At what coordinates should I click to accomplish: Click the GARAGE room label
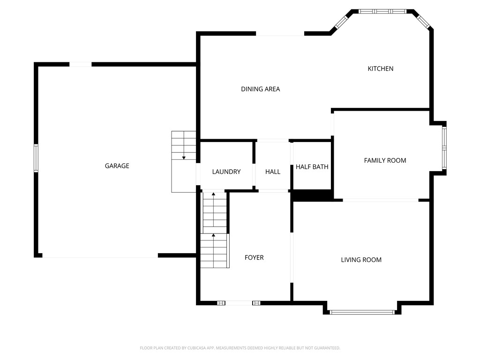click(117, 166)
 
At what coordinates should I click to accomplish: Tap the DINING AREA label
click(260, 89)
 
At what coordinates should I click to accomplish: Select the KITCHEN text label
click(380, 69)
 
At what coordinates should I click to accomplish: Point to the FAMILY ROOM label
click(385, 160)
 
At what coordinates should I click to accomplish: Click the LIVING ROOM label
click(361, 260)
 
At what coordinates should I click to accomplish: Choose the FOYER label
click(254, 258)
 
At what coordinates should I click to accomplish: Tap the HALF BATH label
click(312, 167)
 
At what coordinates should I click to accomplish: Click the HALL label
click(272, 172)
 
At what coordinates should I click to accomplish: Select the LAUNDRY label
click(226, 172)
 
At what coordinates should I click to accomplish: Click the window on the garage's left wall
click(36, 158)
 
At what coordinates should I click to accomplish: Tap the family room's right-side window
click(444, 149)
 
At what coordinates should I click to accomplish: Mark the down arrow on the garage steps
click(184, 157)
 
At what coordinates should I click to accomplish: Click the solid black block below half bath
click(312, 195)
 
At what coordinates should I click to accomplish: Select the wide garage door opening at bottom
click(100, 256)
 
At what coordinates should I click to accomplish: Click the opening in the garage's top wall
click(80, 64)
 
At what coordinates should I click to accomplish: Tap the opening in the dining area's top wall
click(280, 34)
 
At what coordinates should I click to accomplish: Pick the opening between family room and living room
click(380, 200)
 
